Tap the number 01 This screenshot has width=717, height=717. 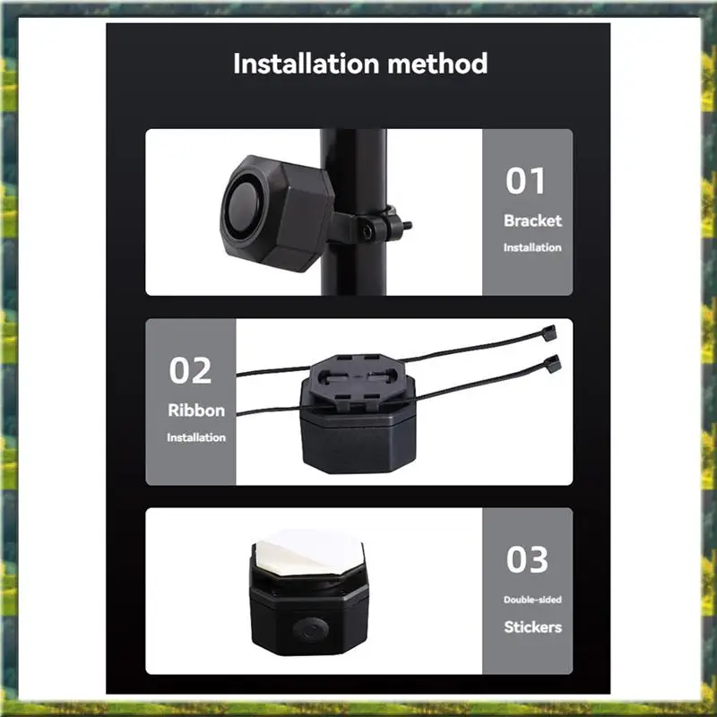pyautogui.click(x=526, y=180)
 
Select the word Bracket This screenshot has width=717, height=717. pyautogui.click(x=532, y=220)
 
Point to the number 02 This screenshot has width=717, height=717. pyautogui.click(x=190, y=370)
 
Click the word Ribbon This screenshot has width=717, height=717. pyautogui.click(x=196, y=410)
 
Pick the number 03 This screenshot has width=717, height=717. pyautogui.click(x=526, y=559)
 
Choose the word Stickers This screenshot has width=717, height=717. pyautogui.click(x=532, y=626)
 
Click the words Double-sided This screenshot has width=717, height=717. pyautogui.click(x=532, y=600)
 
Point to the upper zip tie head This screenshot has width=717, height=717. pyautogui.click(x=548, y=333)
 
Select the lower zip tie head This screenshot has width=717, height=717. pyautogui.click(x=551, y=361)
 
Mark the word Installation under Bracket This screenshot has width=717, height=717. pyautogui.click(x=532, y=247)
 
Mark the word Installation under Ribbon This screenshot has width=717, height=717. pyautogui.click(x=196, y=437)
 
